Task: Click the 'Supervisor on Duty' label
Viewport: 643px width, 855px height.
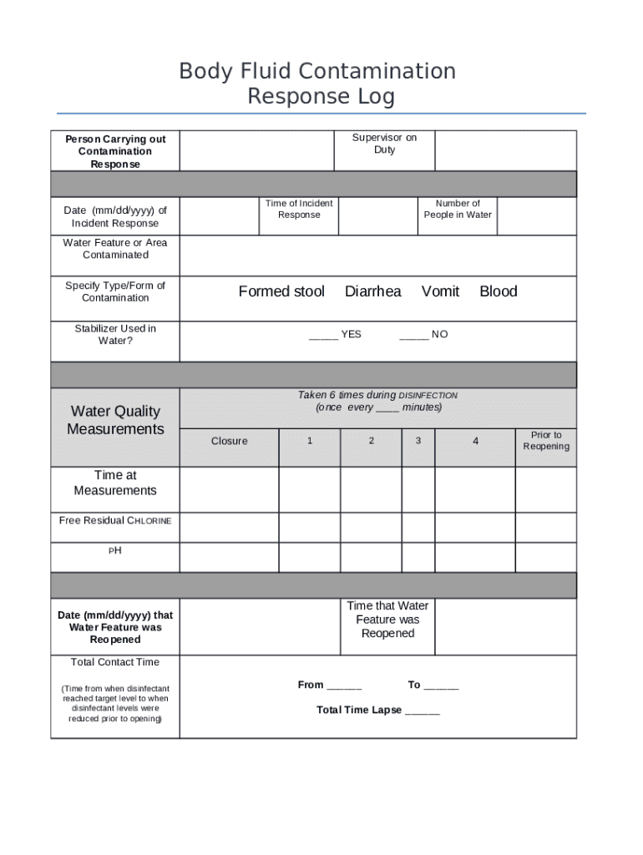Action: (384, 144)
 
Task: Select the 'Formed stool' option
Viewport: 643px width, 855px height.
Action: (281, 291)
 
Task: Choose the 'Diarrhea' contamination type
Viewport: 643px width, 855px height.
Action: (372, 291)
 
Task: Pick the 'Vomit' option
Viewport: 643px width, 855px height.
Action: (440, 291)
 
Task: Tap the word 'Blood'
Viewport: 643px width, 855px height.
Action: (498, 291)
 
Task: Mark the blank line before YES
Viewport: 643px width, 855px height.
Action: (322, 336)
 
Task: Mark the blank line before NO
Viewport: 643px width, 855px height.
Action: (413, 336)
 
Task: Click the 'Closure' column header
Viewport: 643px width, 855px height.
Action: (229, 441)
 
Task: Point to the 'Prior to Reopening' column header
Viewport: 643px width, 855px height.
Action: (546, 441)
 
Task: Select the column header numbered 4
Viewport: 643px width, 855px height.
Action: (475, 441)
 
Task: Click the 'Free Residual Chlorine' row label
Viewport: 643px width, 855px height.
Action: (115, 521)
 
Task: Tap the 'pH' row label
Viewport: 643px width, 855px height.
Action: (115, 551)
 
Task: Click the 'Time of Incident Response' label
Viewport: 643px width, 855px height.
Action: (299, 210)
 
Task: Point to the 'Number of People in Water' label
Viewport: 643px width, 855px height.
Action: (458, 210)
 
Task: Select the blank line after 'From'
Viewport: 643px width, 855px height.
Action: (344, 687)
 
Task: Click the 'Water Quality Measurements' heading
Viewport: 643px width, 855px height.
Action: (115, 420)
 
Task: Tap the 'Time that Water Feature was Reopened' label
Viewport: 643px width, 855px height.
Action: (387, 620)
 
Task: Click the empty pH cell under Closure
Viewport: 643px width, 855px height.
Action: (229, 557)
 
